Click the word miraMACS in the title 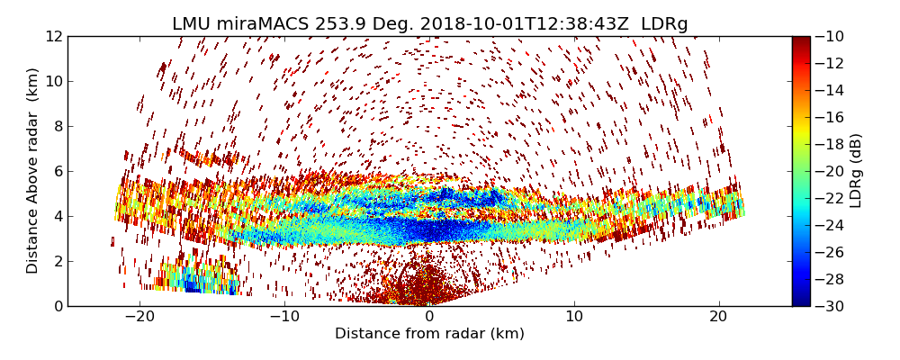click(254, 24)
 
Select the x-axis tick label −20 click(139, 317)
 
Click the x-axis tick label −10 click(284, 317)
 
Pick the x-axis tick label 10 click(574, 317)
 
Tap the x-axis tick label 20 click(718, 317)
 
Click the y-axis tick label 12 click(54, 36)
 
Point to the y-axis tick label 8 click(57, 126)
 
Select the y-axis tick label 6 click(57, 171)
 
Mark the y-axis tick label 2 click(57, 261)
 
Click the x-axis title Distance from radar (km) click(429, 334)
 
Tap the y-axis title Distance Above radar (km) click(33, 170)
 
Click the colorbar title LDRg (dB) click(856, 170)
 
